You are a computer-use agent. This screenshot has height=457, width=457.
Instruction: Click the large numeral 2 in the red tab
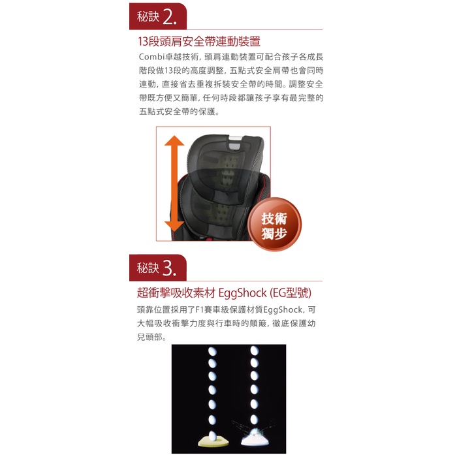(169, 16)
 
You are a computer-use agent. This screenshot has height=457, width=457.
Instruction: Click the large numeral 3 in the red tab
(168, 268)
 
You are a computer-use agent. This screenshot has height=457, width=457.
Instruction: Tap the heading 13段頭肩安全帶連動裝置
(199, 41)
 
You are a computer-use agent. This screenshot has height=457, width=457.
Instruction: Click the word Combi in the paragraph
(152, 57)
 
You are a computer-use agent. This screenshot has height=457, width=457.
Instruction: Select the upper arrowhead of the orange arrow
(174, 141)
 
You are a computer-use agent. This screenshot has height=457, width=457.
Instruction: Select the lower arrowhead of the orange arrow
(174, 227)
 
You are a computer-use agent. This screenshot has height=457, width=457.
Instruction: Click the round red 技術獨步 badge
(274, 224)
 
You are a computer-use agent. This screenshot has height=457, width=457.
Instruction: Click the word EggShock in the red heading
(242, 293)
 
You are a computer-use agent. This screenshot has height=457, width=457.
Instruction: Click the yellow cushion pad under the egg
(213, 441)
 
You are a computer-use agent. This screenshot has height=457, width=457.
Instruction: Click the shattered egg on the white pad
(255, 433)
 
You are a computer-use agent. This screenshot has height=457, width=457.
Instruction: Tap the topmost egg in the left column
(212, 351)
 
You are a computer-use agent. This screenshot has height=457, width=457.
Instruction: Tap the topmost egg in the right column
(255, 351)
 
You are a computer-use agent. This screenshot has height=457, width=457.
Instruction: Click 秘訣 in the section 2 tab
(148, 16)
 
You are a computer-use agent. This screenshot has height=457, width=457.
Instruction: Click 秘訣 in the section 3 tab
(148, 268)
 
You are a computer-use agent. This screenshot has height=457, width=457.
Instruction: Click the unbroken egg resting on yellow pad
(213, 435)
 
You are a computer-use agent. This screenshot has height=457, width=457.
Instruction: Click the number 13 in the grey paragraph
(169, 71)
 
